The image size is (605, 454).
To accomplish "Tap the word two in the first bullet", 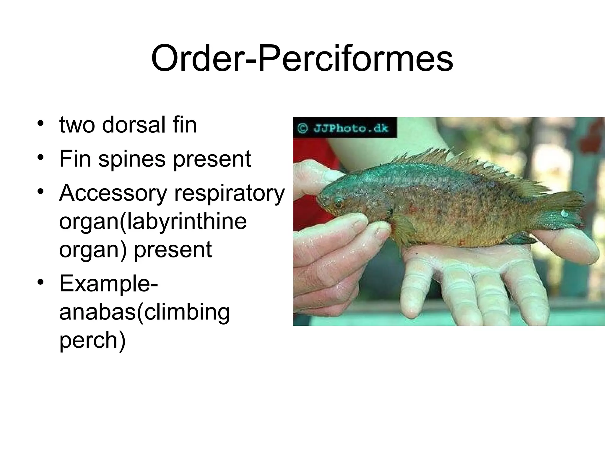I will click(77, 125).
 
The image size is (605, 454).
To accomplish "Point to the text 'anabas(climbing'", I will click(144, 312).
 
